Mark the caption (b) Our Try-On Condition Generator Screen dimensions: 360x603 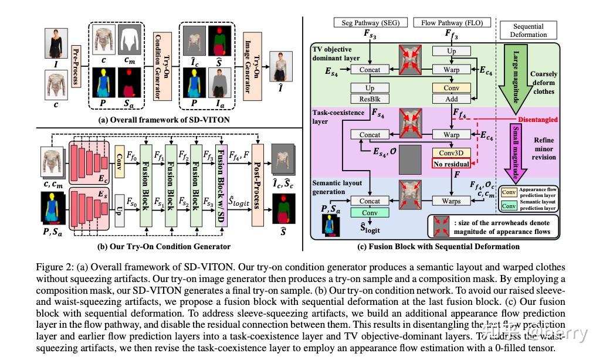click(167, 246)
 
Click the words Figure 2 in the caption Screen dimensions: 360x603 click(56, 267)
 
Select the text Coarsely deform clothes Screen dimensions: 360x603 click(543, 83)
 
